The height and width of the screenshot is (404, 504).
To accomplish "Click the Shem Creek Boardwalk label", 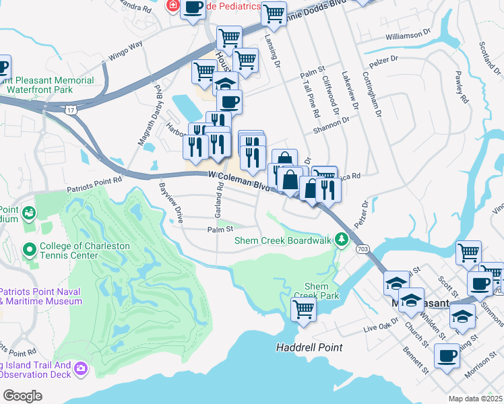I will [284, 240].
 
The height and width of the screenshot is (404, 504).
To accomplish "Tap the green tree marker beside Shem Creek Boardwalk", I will [342, 239].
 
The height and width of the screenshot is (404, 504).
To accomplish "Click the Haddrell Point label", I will [309, 348].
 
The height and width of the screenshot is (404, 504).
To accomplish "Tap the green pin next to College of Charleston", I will [29, 250].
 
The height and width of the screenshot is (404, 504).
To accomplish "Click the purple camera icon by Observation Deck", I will [81, 368].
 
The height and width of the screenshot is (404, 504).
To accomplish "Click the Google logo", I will [22, 395].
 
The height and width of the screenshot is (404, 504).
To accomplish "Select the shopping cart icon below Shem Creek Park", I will [303, 310].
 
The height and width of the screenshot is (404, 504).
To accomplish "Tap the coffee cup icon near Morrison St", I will [447, 355].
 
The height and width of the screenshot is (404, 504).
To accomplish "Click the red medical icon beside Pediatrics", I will [172, 6].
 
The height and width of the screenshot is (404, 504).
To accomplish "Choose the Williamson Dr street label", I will [408, 34].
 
